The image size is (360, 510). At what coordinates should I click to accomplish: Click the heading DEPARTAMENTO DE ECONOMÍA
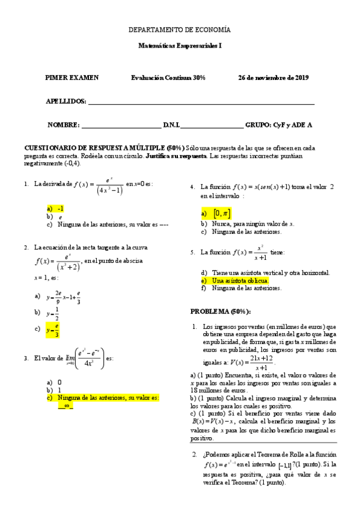[180, 29]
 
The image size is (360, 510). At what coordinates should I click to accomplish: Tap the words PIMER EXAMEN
[72, 78]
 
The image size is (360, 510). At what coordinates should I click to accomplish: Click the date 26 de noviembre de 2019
[273, 78]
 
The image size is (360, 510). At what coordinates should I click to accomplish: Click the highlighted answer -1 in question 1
[61, 207]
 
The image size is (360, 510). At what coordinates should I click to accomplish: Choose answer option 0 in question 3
[59, 382]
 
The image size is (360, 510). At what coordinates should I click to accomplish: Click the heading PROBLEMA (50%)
[221, 311]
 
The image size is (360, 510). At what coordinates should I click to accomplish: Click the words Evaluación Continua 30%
[168, 78]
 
